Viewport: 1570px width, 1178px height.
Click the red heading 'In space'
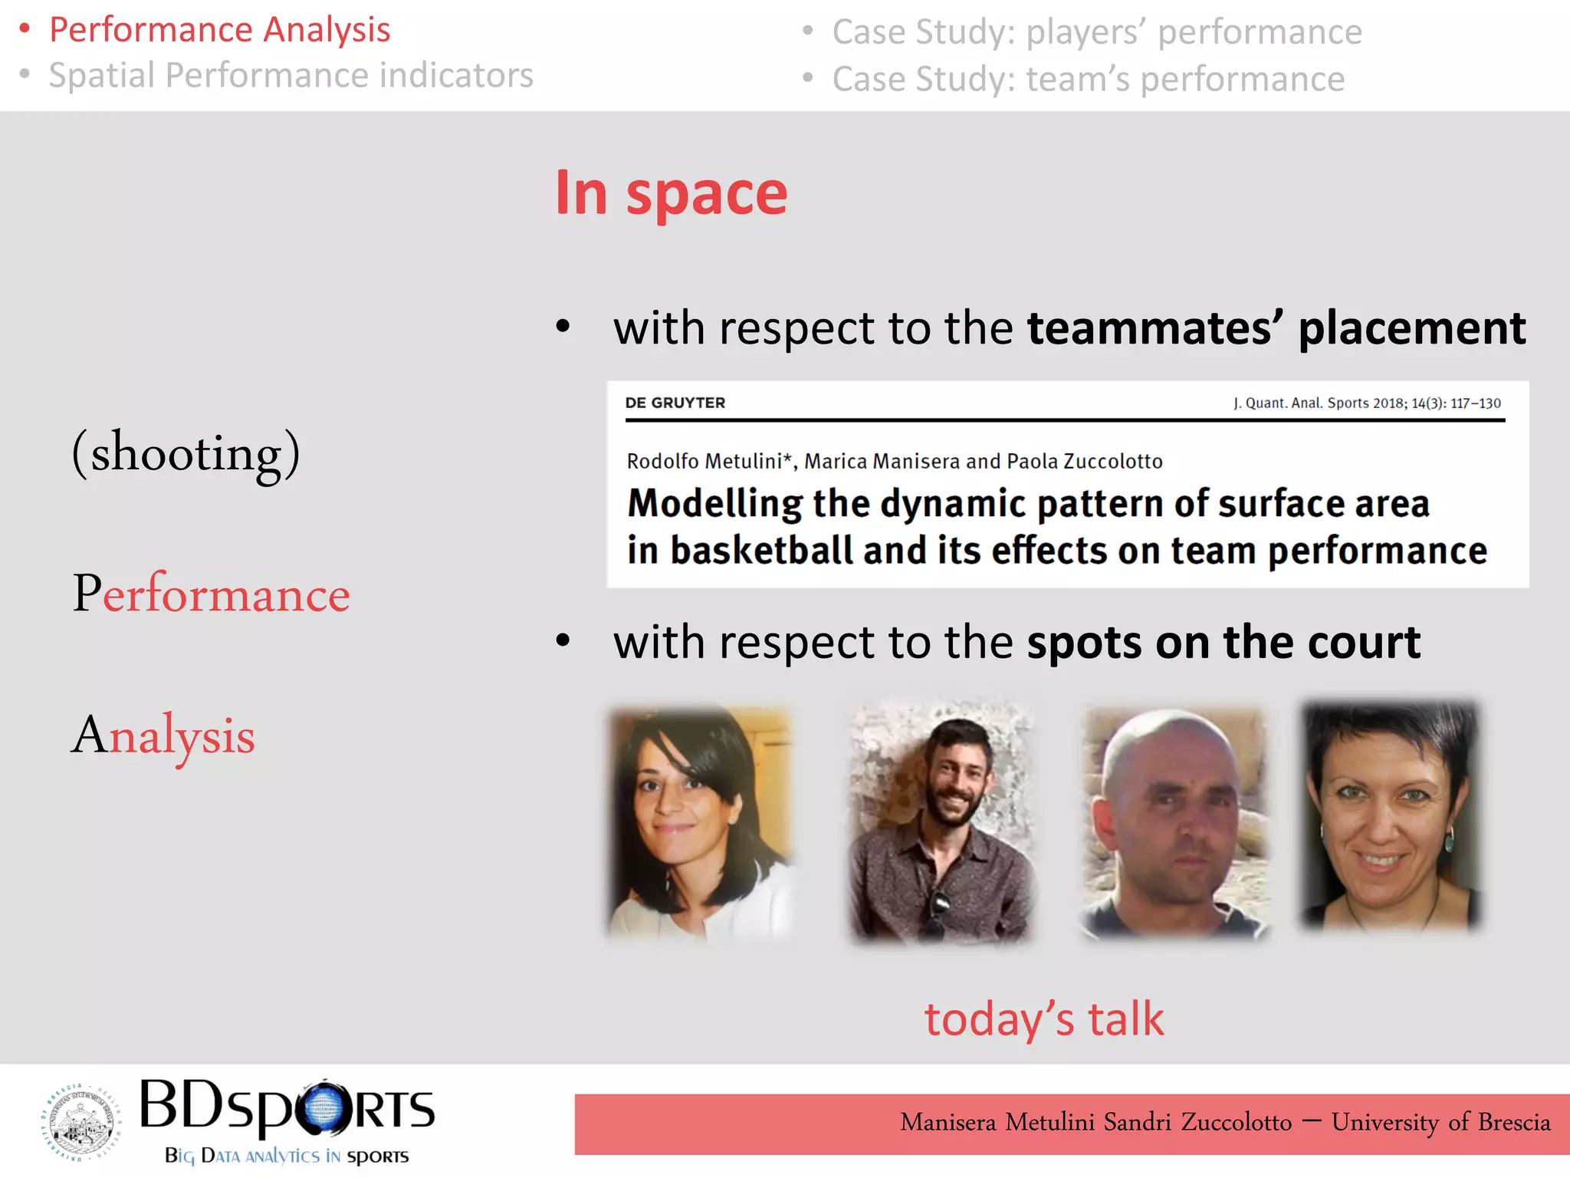(x=671, y=193)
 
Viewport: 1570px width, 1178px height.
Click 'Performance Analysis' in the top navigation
(x=219, y=30)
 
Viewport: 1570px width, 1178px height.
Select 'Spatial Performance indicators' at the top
(x=291, y=75)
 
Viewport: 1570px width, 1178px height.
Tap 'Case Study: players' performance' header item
(x=1096, y=32)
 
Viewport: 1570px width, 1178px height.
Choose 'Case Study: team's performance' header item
(x=1088, y=79)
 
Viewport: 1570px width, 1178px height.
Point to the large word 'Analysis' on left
(x=163, y=735)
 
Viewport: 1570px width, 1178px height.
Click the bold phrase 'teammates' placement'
(x=1276, y=328)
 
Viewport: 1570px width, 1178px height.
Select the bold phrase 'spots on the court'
(x=1223, y=642)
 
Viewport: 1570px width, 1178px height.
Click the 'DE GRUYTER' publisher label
(x=675, y=403)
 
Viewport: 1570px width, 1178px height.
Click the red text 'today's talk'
(x=1043, y=1018)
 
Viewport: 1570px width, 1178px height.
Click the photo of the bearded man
(x=941, y=822)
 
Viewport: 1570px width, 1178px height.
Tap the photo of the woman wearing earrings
(x=1389, y=814)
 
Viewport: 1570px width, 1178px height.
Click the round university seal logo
(x=80, y=1121)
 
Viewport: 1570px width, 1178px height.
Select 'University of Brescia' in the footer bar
(x=1440, y=1122)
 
